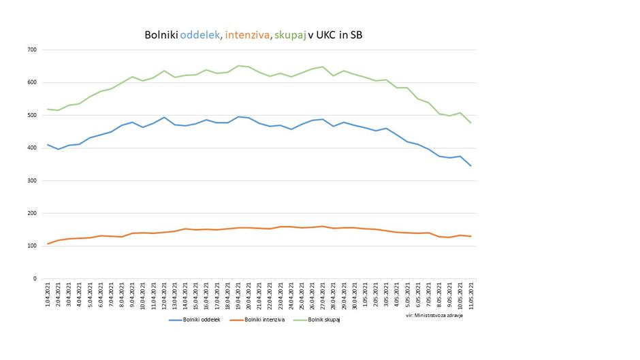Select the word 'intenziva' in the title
click(x=247, y=34)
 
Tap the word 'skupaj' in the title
click(x=290, y=34)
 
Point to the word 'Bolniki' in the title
click(x=161, y=34)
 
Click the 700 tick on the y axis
click(x=32, y=50)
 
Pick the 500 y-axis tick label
click(x=32, y=115)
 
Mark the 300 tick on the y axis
click(x=32, y=180)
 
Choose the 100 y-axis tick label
click(x=32, y=246)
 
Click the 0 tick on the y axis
click(x=34, y=278)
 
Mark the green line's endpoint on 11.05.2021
click(x=470, y=122)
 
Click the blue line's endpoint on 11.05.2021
click(x=470, y=165)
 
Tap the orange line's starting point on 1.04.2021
click(x=48, y=244)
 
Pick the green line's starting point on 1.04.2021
click(x=48, y=109)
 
